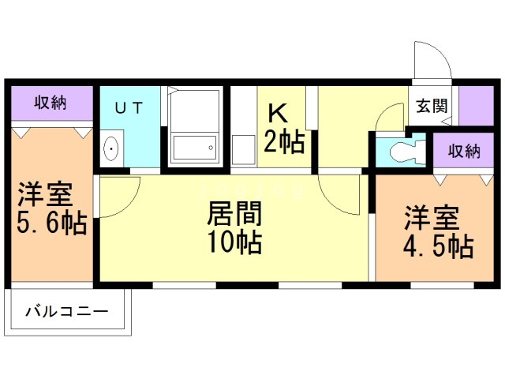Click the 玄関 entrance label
point(432,106)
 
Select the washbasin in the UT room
point(110,148)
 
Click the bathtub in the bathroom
point(195,148)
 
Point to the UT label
point(129,108)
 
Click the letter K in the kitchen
point(278,113)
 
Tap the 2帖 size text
point(284,141)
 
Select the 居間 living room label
point(234,213)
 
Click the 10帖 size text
point(234,242)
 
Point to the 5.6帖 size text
point(52,222)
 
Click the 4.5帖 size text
point(439,247)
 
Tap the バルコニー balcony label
point(66,312)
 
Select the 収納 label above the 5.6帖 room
point(50,103)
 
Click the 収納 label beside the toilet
point(464,151)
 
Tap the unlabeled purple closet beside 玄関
point(477,106)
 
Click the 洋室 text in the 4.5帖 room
point(432,218)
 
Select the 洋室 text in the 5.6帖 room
point(45,194)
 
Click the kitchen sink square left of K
point(244,149)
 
